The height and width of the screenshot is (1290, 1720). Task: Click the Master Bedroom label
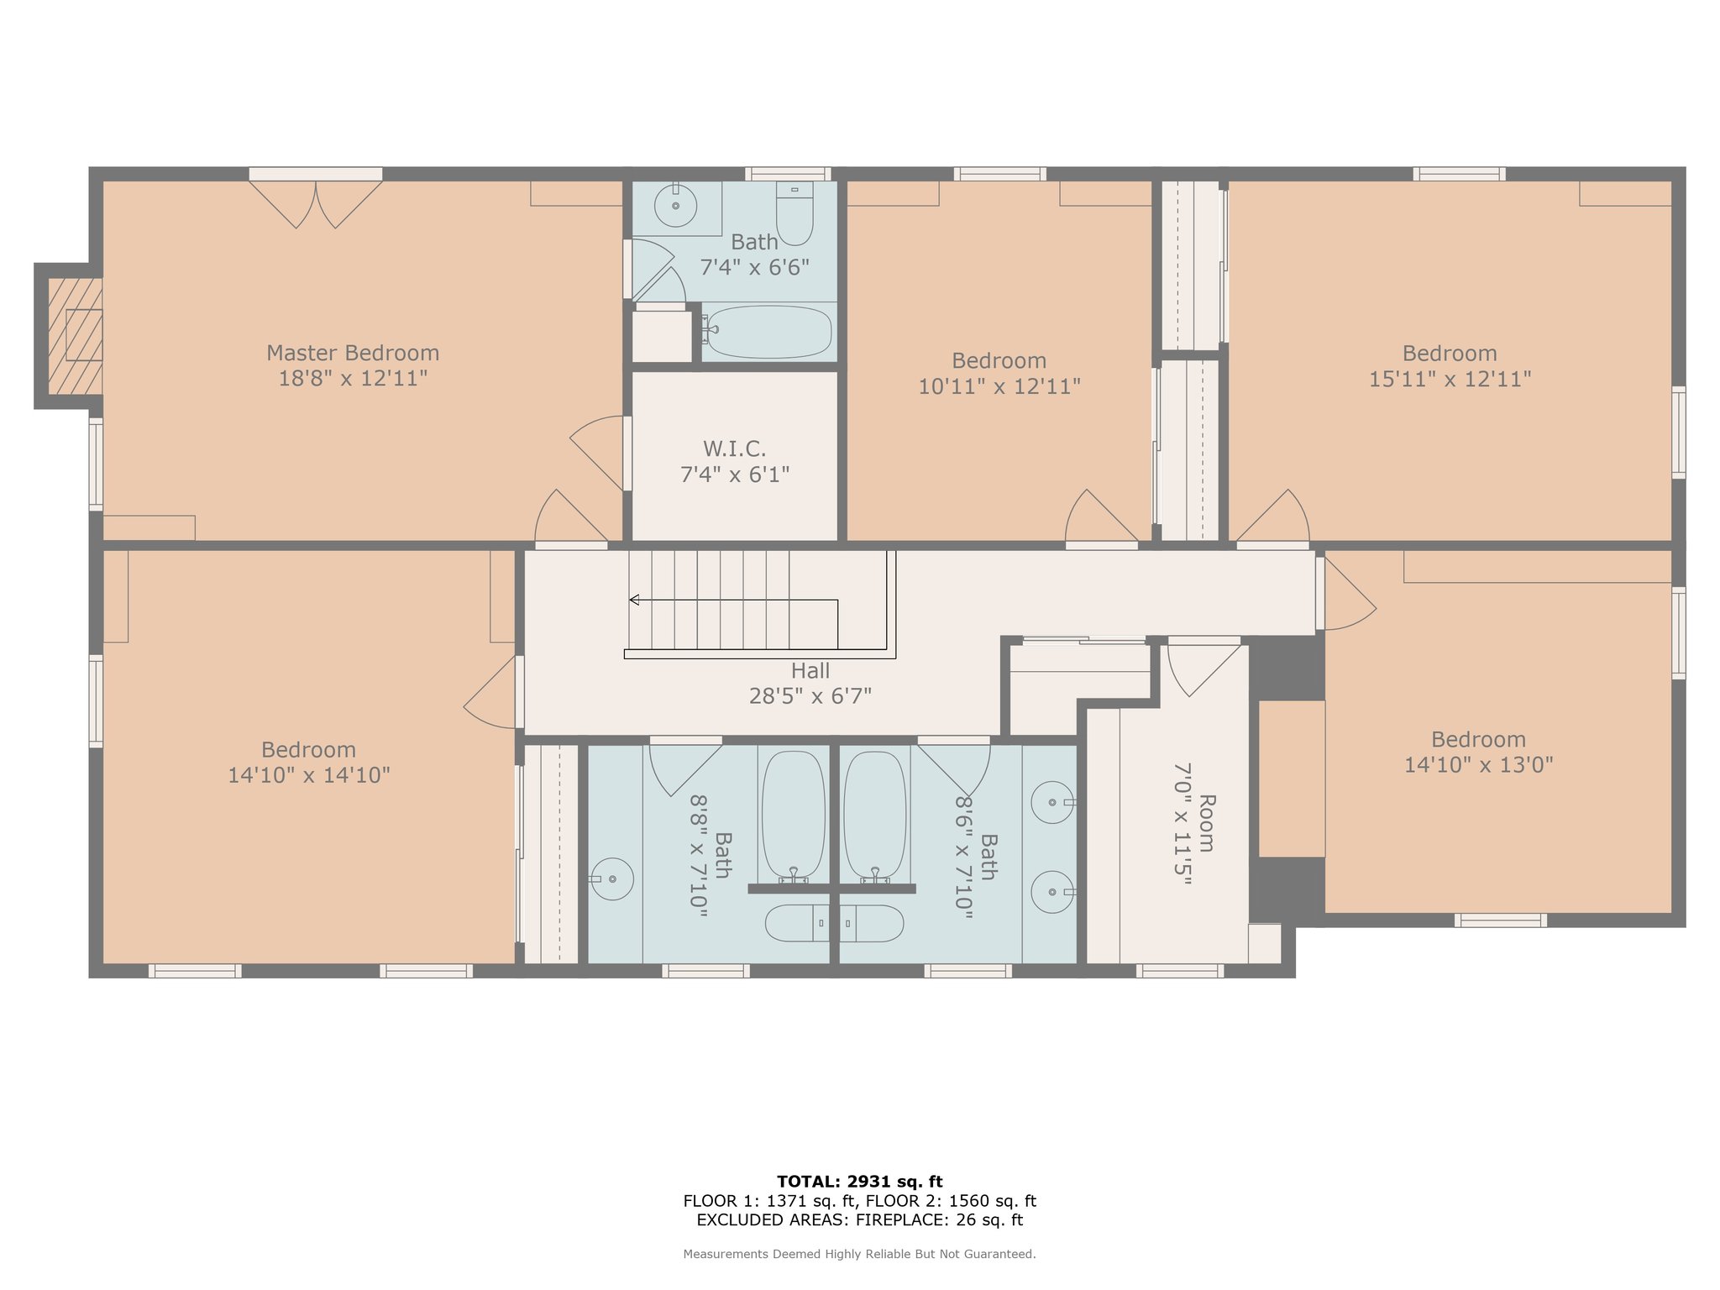[353, 353]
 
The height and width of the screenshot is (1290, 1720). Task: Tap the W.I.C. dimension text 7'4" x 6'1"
[735, 475]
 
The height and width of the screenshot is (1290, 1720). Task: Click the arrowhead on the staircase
[635, 600]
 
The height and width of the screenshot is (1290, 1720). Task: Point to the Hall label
[810, 671]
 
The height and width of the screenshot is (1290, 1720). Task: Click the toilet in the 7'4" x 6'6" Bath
[794, 213]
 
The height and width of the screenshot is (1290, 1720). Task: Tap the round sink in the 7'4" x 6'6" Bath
[675, 205]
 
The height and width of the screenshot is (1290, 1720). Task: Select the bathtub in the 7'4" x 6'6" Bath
[768, 332]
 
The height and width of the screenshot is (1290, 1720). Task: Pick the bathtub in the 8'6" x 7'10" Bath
[875, 817]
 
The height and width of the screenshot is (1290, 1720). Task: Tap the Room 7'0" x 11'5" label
[1194, 823]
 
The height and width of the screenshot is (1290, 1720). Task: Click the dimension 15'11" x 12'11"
[1450, 380]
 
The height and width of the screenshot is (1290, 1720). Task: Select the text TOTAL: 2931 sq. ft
[860, 1182]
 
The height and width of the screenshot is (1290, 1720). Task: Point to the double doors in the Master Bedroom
[316, 204]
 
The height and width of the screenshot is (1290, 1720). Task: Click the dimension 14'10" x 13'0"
[1479, 765]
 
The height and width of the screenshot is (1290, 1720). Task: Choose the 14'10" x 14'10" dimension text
[309, 775]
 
